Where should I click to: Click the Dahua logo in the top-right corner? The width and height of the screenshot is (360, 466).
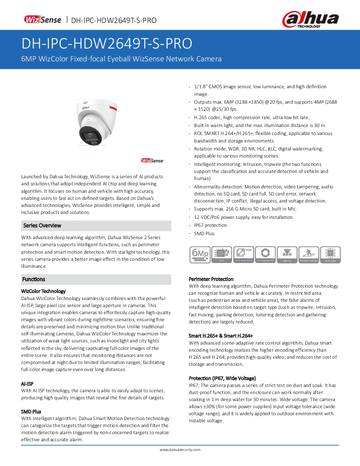(x=311, y=19)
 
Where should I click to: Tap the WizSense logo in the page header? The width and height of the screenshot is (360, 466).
(x=42, y=20)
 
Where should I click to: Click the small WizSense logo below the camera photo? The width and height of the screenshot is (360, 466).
(x=152, y=161)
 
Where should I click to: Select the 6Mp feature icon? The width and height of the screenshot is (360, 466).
(x=199, y=254)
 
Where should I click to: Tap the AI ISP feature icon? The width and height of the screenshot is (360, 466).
(x=221, y=255)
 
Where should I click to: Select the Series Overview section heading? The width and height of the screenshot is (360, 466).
(x=42, y=225)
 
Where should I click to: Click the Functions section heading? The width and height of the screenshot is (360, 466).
(x=34, y=279)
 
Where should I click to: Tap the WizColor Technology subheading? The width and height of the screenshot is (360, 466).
(x=44, y=291)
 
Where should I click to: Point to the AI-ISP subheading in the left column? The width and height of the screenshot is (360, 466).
(x=27, y=383)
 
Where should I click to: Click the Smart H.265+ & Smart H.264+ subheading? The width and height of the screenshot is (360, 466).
(x=221, y=336)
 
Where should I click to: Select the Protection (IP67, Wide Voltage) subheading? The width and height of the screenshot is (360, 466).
(x=222, y=378)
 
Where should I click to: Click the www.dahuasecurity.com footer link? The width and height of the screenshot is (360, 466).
(x=180, y=450)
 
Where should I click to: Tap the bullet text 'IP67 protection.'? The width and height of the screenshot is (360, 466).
(x=211, y=225)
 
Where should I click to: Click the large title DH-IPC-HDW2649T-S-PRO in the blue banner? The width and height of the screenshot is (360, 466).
(x=107, y=44)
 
